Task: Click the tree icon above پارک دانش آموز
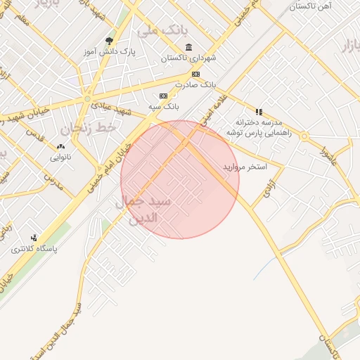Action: (x=109, y=41)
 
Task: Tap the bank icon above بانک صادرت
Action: (x=195, y=75)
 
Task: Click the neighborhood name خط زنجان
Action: (x=86, y=128)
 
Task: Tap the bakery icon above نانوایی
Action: (x=60, y=147)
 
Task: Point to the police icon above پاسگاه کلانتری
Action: (x=34, y=238)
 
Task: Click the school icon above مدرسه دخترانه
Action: (x=259, y=112)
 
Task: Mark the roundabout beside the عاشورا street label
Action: (x=304, y=136)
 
